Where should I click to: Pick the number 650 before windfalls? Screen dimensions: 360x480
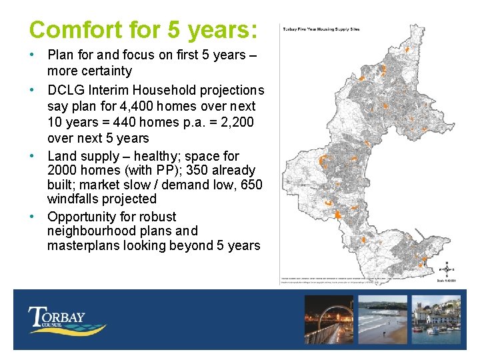tap(251, 184)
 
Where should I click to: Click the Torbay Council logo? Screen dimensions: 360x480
tap(67, 320)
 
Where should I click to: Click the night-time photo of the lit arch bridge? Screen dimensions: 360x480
tap(329, 319)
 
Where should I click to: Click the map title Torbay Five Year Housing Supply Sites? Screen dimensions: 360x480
tap(321, 29)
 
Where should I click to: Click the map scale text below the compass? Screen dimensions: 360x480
tap(447, 279)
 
